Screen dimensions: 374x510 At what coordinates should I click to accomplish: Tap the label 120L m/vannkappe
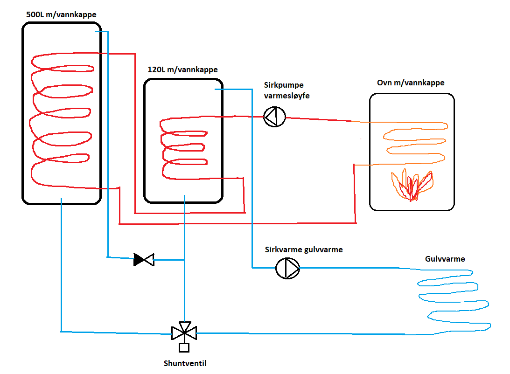182,70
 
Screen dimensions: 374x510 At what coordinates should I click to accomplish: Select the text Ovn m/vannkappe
411,83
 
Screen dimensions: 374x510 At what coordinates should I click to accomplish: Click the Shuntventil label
185,363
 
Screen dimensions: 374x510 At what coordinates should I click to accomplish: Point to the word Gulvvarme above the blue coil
445,259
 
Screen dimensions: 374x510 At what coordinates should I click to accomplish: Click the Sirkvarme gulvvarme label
304,250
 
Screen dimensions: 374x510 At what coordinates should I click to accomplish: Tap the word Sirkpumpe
283,85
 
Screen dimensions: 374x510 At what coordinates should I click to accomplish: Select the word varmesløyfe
286,96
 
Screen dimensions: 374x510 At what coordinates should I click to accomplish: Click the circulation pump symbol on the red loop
274,117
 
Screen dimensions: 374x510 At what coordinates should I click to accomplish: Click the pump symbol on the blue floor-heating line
287,268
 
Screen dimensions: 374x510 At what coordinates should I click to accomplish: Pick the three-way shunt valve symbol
184,332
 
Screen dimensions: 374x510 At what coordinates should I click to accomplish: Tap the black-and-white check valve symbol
144,259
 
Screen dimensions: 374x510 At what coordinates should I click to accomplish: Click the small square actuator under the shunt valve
184,347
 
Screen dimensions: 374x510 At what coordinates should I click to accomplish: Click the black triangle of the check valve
139,259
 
